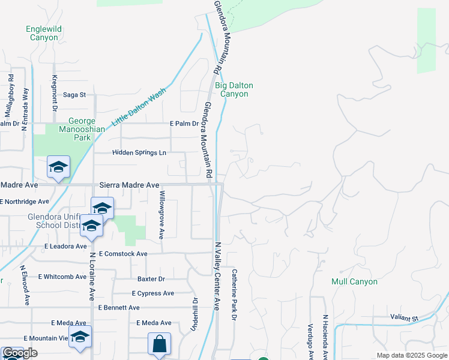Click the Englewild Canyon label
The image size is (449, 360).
point(42,33)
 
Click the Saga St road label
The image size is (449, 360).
point(74,95)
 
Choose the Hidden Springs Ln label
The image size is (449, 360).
point(139,153)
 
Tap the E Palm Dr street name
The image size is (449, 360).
point(184,124)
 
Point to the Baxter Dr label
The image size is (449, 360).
point(151,279)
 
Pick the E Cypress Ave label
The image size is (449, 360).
point(152,293)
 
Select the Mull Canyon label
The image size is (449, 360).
point(354,281)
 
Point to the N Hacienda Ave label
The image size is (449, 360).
point(325,336)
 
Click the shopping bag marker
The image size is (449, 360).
point(159,345)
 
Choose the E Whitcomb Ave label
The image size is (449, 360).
point(62,277)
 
